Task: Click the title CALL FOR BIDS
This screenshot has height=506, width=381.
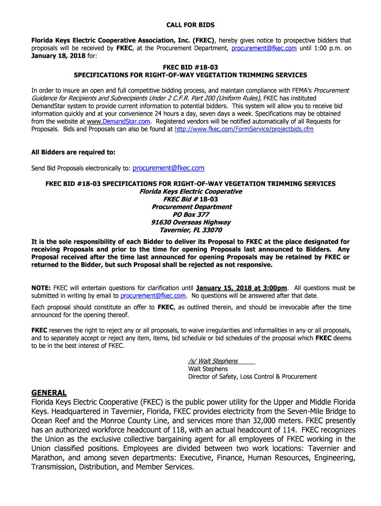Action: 190,25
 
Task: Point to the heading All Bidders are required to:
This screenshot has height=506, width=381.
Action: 73,152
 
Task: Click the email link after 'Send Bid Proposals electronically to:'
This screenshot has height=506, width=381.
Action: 168,169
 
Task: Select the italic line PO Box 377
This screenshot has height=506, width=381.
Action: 190,215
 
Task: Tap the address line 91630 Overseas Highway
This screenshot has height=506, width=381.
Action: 190,222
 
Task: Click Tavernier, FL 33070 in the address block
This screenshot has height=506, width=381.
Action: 190,230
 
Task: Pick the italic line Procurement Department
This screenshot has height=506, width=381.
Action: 190,207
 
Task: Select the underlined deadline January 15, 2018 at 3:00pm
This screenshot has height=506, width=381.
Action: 241,288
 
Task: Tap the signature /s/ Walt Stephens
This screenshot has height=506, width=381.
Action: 213,361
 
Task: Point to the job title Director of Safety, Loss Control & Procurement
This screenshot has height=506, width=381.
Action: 252,377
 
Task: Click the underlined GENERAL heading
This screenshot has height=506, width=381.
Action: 49,393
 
